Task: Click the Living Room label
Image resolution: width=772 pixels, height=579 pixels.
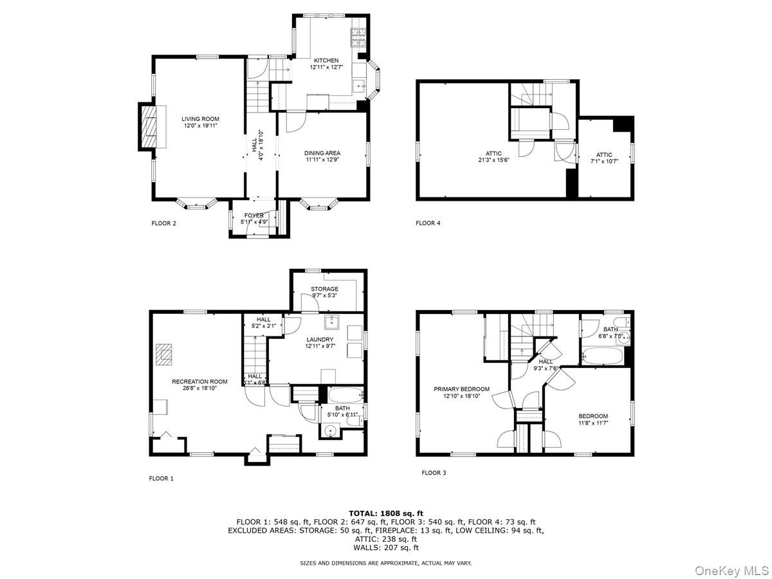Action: [199, 119]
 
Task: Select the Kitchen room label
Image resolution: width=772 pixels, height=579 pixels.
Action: [326, 60]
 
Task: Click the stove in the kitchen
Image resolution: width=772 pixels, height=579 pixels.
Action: [358, 38]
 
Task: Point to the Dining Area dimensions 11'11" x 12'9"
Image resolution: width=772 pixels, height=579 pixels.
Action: [322, 160]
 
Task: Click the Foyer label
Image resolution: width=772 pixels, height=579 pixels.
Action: [253, 215]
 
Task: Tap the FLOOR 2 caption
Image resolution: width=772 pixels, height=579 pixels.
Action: [163, 224]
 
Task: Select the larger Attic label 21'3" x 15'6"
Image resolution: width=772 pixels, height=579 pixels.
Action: [490, 154]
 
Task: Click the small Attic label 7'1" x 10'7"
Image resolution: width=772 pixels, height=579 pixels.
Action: [604, 155]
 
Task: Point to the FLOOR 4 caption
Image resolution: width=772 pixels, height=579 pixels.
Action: [428, 223]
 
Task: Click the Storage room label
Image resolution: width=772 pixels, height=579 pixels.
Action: [324, 289]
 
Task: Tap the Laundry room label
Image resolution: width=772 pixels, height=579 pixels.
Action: [319, 339]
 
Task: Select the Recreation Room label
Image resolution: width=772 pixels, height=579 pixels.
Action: [199, 381]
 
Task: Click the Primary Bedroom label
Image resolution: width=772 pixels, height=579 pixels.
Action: [461, 389]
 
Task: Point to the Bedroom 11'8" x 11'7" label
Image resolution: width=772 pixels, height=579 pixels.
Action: [593, 416]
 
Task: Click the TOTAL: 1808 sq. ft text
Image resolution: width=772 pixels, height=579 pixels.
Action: [385, 513]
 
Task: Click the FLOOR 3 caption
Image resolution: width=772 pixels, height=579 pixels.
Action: [434, 473]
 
